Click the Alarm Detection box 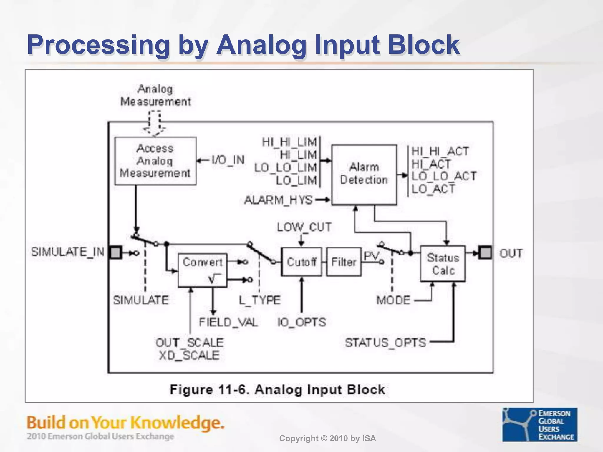point(364,175)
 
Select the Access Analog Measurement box point(155,161)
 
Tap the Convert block point(203,270)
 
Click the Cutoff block point(301,262)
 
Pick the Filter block point(344,262)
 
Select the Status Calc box point(443,264)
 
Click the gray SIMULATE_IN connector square point(115,252)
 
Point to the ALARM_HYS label point(278,200)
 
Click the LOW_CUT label point(304,227)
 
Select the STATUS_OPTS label point(385,342)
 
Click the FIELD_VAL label point(228,322)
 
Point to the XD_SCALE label point(189,355)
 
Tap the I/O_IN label point(228,160)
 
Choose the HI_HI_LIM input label point(289,142)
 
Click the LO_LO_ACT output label point(444,176)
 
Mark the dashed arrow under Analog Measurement point(154,123)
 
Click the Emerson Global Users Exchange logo point(539,424)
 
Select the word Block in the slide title point(423,45)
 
